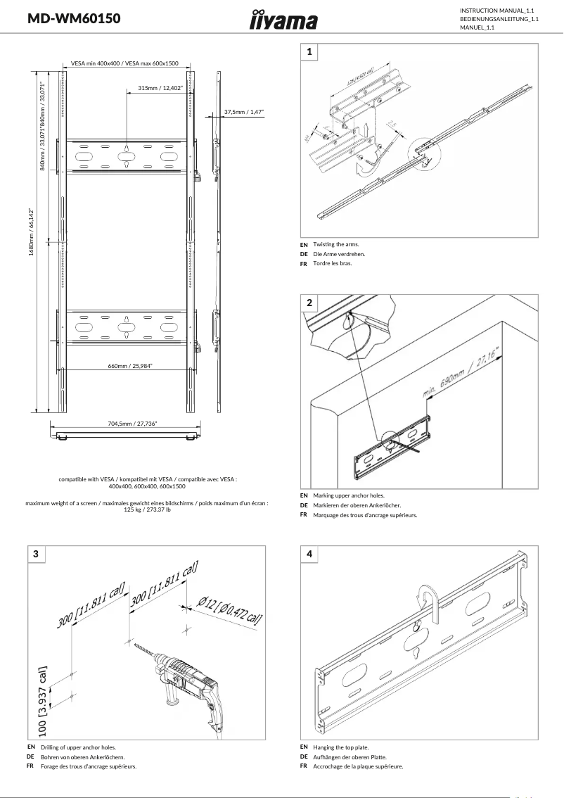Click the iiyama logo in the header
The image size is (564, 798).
tap(283, 20)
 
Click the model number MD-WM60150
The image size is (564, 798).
tap(74, 19)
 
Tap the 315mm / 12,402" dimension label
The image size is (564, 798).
tap(160, 88)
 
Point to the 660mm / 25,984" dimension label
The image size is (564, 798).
tap(130, 366)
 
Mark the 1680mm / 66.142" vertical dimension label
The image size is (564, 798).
tap(31, 232)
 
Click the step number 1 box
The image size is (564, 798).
tap(309, 51)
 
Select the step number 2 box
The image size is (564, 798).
tap(309, 303)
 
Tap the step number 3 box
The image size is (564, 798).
tap(36, 554)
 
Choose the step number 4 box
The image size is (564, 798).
tap(309, 554)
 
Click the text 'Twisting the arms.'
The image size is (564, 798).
tap(336, 244)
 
